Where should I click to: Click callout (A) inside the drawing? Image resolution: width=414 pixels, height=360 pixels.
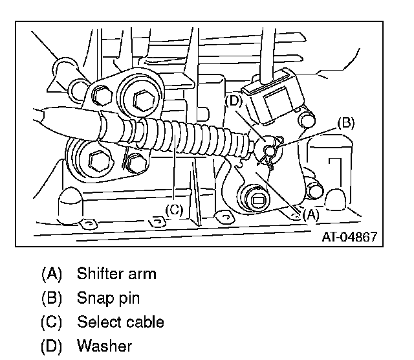(x=310, y=214)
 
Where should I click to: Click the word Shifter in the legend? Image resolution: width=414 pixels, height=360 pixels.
(x=98, y=273)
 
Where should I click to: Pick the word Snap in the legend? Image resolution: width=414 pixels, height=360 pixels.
(x=92, y=298)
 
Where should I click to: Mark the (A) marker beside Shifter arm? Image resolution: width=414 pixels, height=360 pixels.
(x=51, y=273)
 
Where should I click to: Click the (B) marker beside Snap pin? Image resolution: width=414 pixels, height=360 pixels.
(x=51, y=298)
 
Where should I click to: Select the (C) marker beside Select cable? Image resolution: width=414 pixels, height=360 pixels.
(x=51, y=322)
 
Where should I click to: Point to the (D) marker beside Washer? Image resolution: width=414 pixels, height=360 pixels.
(x=51, y=346)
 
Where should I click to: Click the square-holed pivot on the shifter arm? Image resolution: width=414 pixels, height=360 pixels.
(x=257, y=199)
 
